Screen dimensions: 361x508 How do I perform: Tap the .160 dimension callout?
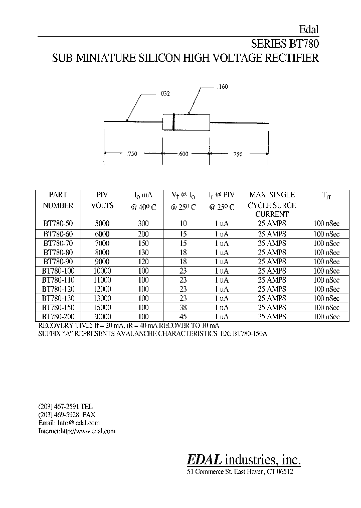223,87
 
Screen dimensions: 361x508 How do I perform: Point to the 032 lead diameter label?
165,94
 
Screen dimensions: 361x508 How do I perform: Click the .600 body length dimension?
183,154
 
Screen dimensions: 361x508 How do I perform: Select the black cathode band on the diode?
173,122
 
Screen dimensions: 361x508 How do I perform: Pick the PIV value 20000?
102,317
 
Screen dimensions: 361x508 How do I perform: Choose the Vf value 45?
184,317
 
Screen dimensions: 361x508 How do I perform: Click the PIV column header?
102,195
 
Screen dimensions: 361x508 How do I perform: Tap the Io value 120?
143,261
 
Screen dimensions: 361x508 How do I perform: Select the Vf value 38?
184,307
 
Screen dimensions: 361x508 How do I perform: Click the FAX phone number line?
66,415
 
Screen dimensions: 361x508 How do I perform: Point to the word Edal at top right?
309,30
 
